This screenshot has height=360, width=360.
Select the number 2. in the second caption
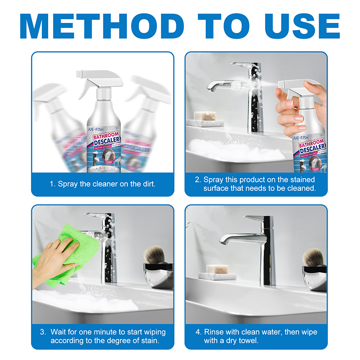198,180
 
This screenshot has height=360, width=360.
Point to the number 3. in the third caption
43,332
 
